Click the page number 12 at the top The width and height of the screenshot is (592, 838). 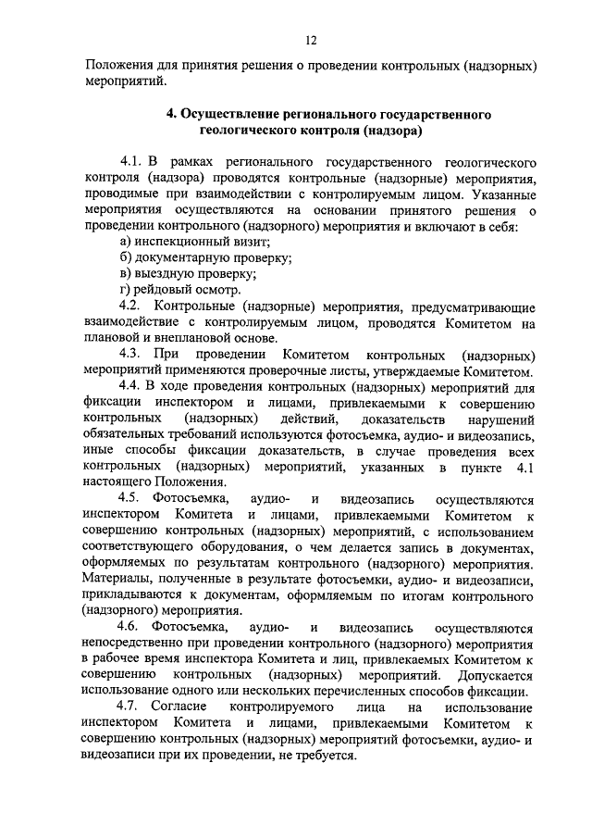coord(312,40)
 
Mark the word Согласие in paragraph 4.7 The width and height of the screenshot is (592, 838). coord(179,708)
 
